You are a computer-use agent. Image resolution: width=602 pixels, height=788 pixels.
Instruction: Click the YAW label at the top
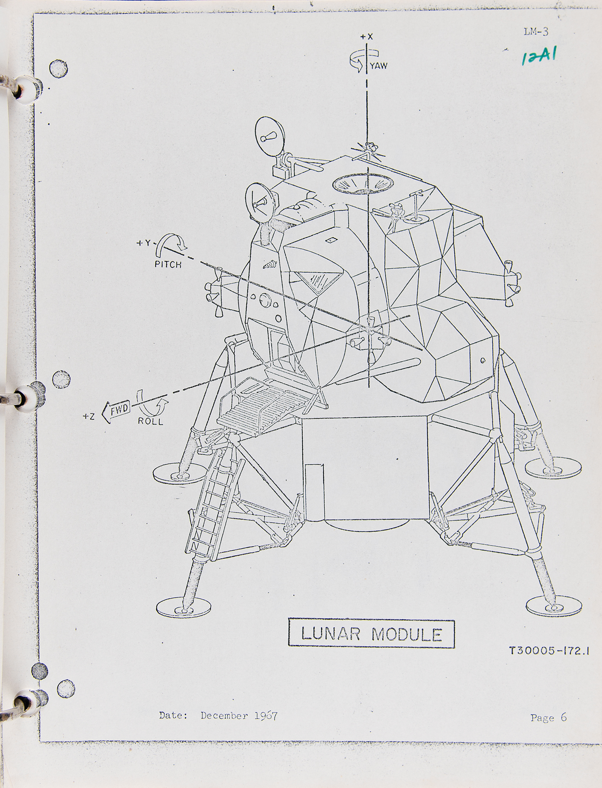[378, 66]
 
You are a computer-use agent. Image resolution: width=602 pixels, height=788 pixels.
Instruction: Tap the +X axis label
[366, 37]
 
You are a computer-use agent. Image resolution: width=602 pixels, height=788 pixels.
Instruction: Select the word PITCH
[168, 264]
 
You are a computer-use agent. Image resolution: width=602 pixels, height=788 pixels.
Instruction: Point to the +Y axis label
[144, 243]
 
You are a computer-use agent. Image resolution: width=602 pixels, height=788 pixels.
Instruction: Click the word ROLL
[150, 421]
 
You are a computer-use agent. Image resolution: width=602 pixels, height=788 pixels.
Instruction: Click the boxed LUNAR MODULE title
[371, 634]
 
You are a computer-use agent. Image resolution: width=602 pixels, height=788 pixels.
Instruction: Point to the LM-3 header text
[536, 32]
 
